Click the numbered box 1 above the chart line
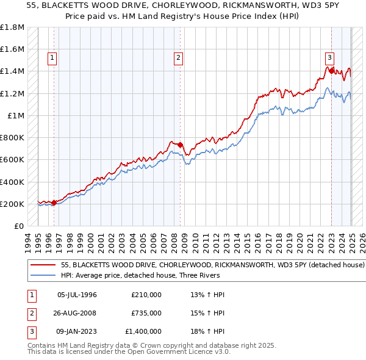tap(53, 59)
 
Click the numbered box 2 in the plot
tap(178, 59)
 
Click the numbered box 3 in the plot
tap(329, 59)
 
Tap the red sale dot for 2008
tap(181, 145)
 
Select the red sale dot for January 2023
tap(331, 71)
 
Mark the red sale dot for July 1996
tap(54, 203)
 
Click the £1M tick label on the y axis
tap(16, 115)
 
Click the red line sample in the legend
tap(42, 265)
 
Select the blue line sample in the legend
tap(42, 275)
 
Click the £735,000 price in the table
tap(146, 313)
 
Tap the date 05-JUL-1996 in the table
tap(77, 295)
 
